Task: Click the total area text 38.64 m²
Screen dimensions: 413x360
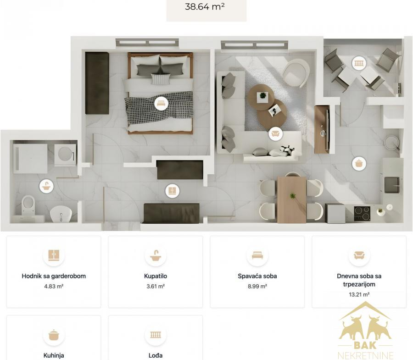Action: coord(205,6)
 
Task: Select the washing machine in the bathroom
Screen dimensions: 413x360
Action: coord(65,155)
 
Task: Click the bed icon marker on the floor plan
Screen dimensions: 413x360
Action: coord(161,103)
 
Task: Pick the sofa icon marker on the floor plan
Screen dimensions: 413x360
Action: coord(275,134)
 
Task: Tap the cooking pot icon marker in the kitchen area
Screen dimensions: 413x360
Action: coord(359,163)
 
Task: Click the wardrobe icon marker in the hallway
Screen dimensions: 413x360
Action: coord(173,190)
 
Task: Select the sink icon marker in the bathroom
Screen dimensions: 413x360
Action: coord(46,186)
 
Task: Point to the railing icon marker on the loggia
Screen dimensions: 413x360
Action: coord(359,63)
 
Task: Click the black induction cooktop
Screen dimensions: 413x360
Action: coord(362,213)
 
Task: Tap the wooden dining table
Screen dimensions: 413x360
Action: coord(291,200)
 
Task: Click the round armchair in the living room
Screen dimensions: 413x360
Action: coord(296,72)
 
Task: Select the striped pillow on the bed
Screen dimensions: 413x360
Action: coord(161,79)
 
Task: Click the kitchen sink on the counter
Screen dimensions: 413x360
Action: coord(392,185)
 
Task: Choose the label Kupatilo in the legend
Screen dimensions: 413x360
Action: coord(156,276)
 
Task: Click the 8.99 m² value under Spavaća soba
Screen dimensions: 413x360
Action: coord(257,286)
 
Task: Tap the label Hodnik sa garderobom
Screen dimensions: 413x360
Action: coord(54,276)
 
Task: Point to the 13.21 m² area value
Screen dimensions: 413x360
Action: coord(359,294)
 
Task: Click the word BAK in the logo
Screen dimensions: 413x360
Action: coord(365,344)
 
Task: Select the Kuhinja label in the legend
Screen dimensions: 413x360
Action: coord(54,355)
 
